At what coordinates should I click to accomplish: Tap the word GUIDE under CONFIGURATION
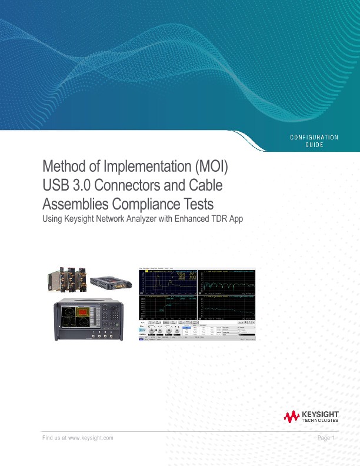(314, 145)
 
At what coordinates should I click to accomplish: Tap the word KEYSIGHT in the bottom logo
(320, 414)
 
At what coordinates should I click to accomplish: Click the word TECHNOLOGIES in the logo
(320, 421)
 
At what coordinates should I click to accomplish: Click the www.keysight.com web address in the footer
(91, 438)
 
